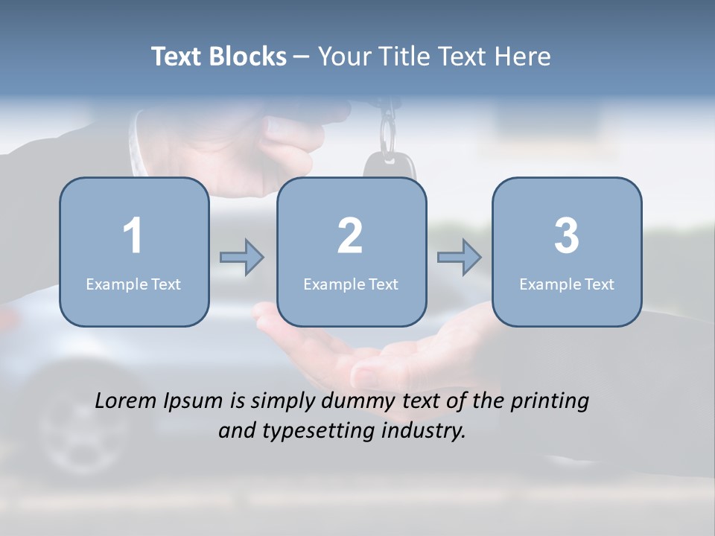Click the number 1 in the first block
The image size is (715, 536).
coord(133,236)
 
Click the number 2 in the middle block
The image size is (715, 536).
coord(350,236)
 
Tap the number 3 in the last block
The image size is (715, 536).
coord(567,236)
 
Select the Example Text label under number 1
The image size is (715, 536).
coord(133,284)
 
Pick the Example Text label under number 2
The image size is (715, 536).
coord(351,284)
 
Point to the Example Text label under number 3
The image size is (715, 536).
coord(567,284)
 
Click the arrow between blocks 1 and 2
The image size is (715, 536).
coord(242,258)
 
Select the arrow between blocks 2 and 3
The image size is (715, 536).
coord(460,258)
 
